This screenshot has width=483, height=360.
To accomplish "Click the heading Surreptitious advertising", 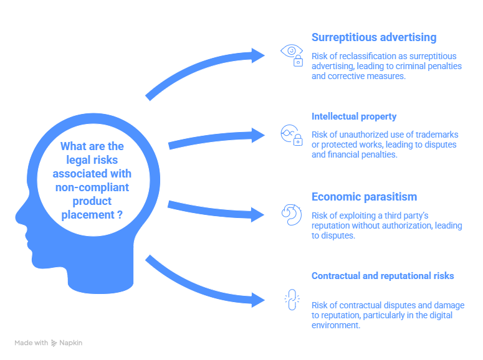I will [373, 37].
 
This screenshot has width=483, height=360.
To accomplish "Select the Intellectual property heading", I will [353, 116].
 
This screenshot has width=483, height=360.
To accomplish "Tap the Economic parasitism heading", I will [364, 197].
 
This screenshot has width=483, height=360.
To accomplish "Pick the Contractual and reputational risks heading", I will [382, 275].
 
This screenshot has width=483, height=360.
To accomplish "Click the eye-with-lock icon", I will [291, 54].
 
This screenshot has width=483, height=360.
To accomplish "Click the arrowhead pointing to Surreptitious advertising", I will [259, 55].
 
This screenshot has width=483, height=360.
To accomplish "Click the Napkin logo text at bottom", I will [70, 343].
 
